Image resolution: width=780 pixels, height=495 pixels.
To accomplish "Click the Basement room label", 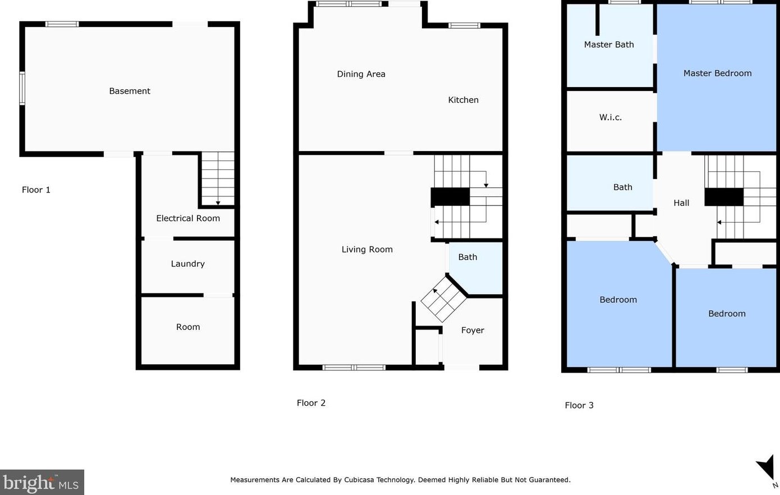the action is [x=130, y=91].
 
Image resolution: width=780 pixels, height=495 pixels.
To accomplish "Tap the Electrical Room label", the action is [x=188, y=218].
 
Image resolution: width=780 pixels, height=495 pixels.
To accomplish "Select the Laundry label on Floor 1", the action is [x=187, y=264].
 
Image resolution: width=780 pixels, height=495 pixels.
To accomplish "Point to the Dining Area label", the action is [x=361, y=74].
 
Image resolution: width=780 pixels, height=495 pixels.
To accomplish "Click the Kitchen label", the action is [x=463, y=100].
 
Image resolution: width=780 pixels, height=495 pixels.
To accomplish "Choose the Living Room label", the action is [x=367, y=249].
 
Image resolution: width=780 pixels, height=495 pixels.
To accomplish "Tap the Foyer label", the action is [x=472, y=330].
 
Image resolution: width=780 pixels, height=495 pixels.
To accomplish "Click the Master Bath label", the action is [x=609, y=44].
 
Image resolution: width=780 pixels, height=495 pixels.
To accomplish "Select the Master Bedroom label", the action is [x=717, y=73].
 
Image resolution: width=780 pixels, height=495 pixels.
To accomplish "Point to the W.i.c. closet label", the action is [x=611, y=117].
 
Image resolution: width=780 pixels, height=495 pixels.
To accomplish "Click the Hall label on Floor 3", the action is [x=681, y=203].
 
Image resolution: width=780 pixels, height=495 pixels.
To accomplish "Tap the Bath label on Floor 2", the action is [x=467, y=257].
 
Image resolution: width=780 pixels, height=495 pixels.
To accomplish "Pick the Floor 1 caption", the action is [x=36, y=190].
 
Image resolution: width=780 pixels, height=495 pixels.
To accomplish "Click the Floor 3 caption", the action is [x=579, y=405].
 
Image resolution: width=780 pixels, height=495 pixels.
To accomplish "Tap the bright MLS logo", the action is [x=42, y=482].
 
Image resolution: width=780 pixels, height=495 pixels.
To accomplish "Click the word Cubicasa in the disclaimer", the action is [x=359, y=480].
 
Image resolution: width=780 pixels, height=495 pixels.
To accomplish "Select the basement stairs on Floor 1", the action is [x=218, y=178].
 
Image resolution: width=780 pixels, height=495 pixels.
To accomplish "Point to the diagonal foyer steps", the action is [x=443, y=299].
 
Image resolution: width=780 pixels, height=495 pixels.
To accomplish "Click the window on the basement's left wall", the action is [x=22, y=88].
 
